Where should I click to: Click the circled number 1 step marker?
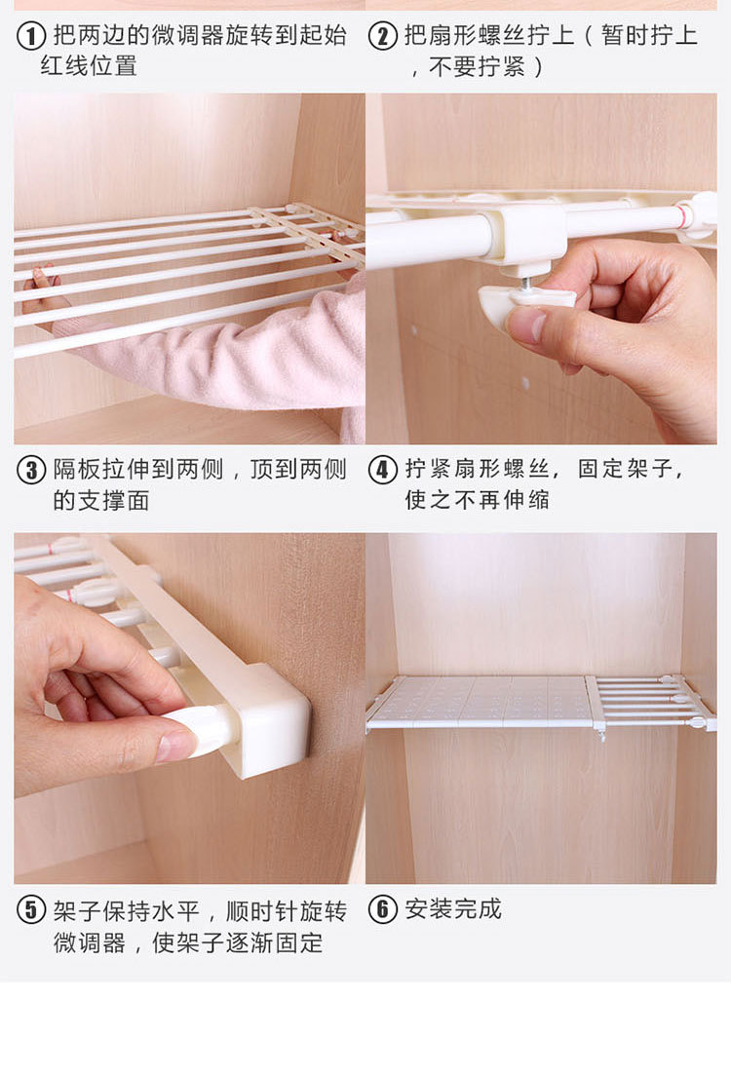(x=32, y=36)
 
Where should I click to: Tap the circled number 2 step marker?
(x=382, y=36)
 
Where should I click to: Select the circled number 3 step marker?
(x=32, y=470)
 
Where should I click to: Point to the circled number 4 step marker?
(x=382, y=470)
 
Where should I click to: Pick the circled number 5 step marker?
(x=32, y=910)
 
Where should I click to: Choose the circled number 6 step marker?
(x=382, y=910)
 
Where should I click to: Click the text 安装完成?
(x=453, y=909)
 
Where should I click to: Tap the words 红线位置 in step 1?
(x=88, y=66)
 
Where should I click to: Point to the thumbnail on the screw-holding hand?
(x=526, y=325)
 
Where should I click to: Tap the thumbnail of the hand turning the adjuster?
(x=175, y=746)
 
